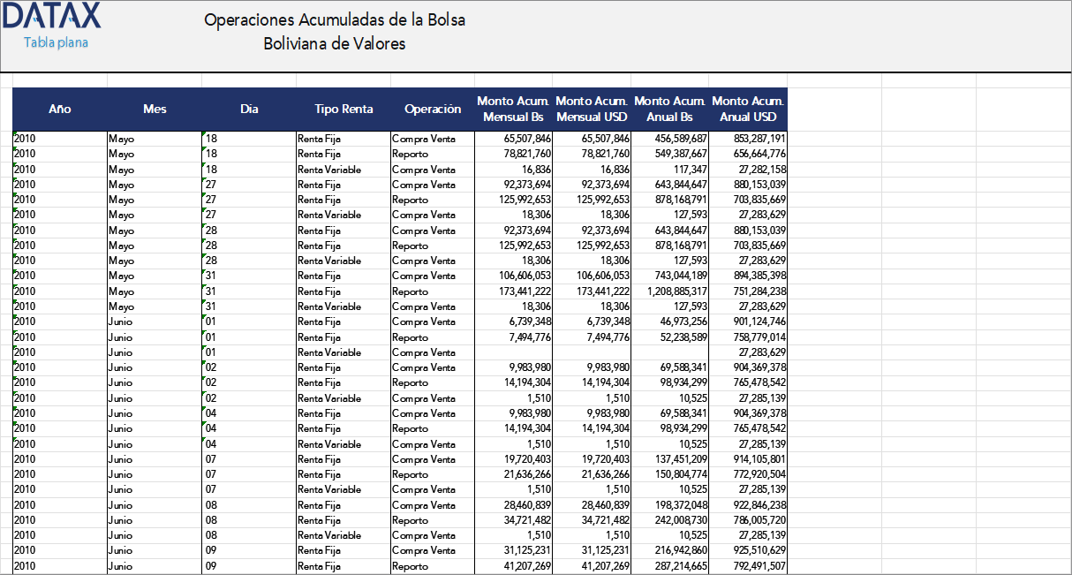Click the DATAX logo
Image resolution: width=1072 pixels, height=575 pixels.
pos(53,16)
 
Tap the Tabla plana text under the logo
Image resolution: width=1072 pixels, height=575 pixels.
pos(56,42)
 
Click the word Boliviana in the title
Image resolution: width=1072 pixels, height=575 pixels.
pos(296,43)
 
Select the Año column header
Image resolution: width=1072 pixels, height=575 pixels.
pos(60,110)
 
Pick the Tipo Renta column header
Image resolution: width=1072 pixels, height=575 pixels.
pos(343,110)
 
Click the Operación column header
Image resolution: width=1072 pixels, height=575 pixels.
pos(433,110)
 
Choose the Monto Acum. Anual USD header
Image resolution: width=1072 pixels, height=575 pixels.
pos(748,110)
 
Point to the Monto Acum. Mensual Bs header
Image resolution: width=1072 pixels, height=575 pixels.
pos(513,110)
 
